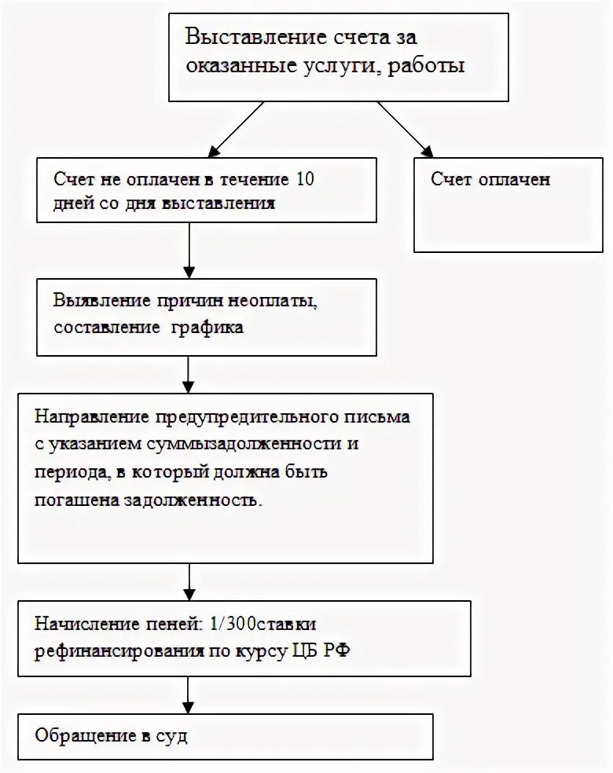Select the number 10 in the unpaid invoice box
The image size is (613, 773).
pyautogui.click(x=305, y=179)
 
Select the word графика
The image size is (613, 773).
pyautogui.click(x=207, y=328)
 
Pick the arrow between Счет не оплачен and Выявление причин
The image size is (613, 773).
pyautogui.click(x=189, y=251)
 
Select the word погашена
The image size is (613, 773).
pyautogui.click(x=75, y=500)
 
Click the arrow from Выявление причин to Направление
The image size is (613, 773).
pyautogui.click(x=189, y=375)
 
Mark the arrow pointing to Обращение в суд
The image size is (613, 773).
pyautogui.click(x=189, y=694)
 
